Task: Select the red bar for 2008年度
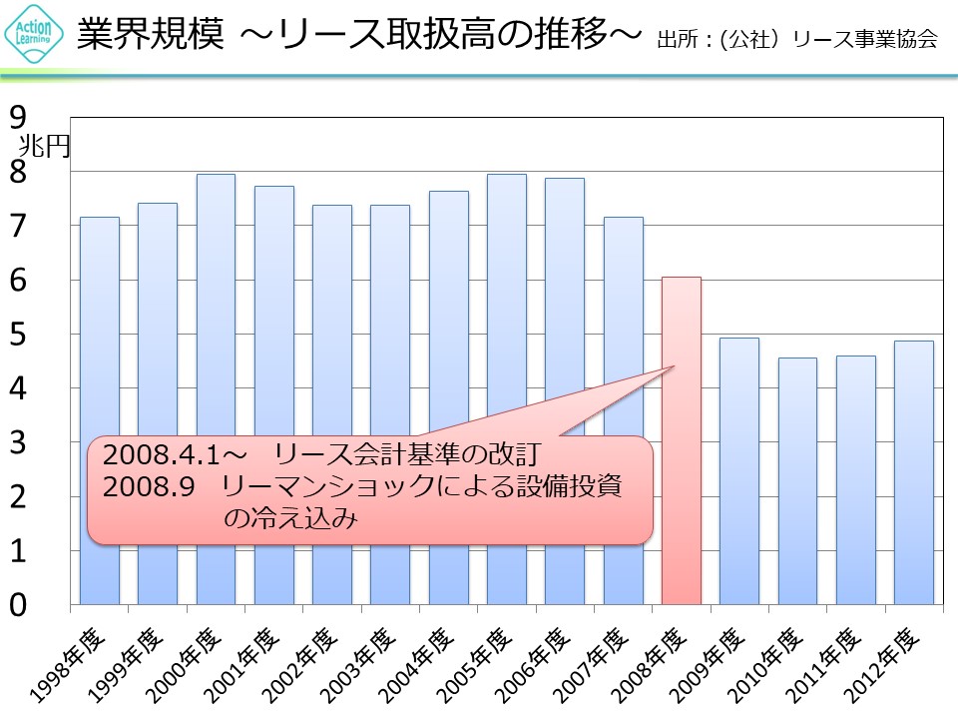[682, 439]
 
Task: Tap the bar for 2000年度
[216, 300]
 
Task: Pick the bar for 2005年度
[506, 300]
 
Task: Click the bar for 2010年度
[797, 479]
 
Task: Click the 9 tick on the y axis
[18, 119]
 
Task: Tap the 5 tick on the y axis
[18, 336]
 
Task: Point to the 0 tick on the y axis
[18, 605]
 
